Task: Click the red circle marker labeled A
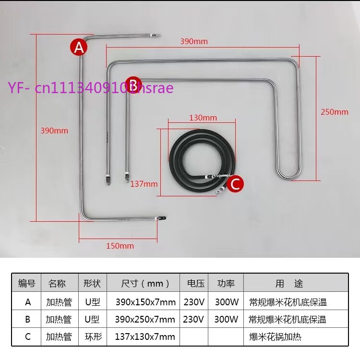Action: click(x=79, y=48)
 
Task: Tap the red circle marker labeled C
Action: click(x=235, y=184)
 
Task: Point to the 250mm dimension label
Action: click(x=335, y=112)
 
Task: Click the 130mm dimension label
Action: click(x=203, y=118)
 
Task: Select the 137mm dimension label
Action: click(x=144, y=184)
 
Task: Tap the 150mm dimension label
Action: click(x=120, y=246)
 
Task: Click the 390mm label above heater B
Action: click(x=194, y=41)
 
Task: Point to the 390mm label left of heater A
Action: click(x=54, y=131)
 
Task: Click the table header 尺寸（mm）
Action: click(x=145, y=284)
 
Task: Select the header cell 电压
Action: click(x=196, y=283)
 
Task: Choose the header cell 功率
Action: click(x=226, y=283)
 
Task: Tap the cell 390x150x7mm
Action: click(x=145, y=302)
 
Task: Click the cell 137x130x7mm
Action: click(x=145, y=337)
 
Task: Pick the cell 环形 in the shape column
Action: click(x=93, y=337)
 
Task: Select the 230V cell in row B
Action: click(x=193, y=319)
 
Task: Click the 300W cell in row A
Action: click(x=227, y=302)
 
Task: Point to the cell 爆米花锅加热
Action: click(x=275, y=337)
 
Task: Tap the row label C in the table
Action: click(x=28, y=337)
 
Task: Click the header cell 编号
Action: click(x=27, y=283)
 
